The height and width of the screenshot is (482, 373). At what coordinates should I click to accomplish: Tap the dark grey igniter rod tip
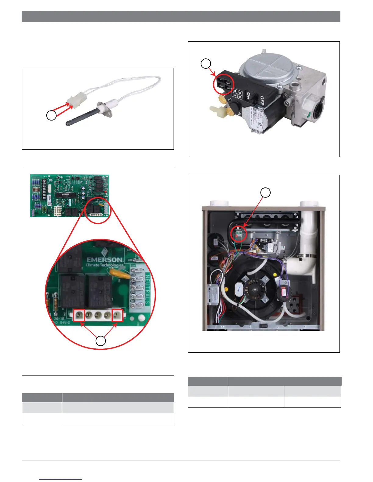click(68, 124)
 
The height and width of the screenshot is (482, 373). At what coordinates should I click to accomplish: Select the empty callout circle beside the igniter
click(51, 115)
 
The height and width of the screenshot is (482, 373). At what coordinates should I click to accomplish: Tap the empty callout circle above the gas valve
click(206, 64)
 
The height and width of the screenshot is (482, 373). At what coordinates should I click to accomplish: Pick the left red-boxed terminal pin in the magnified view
click(80, 315)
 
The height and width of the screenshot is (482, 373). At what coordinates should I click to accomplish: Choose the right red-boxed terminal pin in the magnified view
click(117, 315)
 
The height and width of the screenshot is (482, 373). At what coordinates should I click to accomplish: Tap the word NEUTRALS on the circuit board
click(147, 289)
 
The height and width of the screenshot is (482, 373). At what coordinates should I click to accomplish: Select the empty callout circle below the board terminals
click(101, 341)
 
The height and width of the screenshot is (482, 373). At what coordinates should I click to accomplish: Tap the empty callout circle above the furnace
click(266, 192)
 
